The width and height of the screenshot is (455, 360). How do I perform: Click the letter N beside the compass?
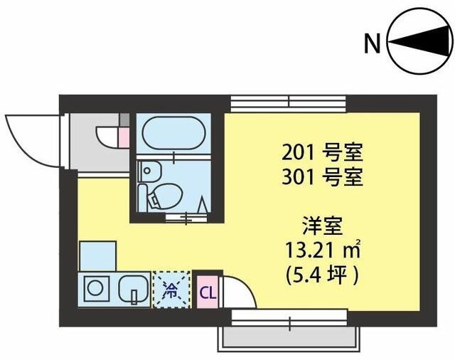tap(372, 43)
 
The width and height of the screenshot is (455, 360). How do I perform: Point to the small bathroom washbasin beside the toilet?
tap(148, 171)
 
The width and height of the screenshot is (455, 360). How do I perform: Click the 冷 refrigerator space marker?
tap(171, 290)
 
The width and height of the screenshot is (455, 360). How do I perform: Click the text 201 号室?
tap(323, 151)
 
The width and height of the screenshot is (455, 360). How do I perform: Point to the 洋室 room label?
tap(323, 229)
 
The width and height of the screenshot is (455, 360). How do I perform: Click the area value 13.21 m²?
tap(323, 250)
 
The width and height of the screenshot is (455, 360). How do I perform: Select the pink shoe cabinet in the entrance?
tap(123, 135)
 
